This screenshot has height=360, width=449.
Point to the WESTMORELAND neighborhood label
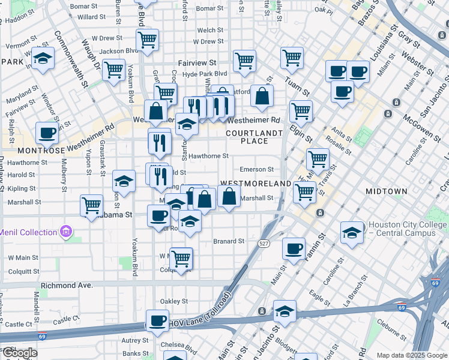(x=256, y=183)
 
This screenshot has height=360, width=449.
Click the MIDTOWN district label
(x=386, y=191)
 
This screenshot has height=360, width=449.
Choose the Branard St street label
(x=229, y=241)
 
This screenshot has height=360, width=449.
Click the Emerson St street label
(x=256, y=170)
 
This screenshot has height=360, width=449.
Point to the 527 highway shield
(x=264, y=244)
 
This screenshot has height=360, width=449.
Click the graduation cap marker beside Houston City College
(x=352, y=233)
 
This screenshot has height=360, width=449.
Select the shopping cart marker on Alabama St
(x=92, y=205)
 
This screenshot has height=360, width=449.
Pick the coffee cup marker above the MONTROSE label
(x=46, y=133)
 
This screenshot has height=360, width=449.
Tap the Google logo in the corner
(x=19, y=353)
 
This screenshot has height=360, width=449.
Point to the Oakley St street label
(x=172, y=301)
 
